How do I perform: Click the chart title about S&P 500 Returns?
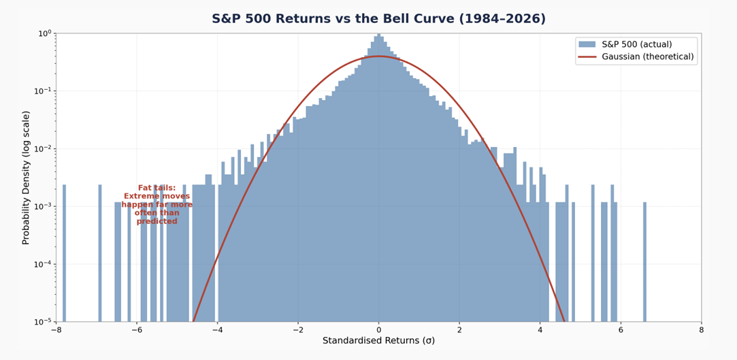[378, 19]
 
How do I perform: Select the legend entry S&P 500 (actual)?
[625, 45]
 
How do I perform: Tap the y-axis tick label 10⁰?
[45, 33]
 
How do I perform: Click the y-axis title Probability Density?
[26, 178]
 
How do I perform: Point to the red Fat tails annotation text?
[157, 204]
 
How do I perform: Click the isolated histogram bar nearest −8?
[64, 253]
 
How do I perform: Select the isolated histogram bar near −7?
[99, 253]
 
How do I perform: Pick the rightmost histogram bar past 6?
[645, 262]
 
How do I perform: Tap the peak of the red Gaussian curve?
[378, 56]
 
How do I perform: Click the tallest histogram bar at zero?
[378, 178]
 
